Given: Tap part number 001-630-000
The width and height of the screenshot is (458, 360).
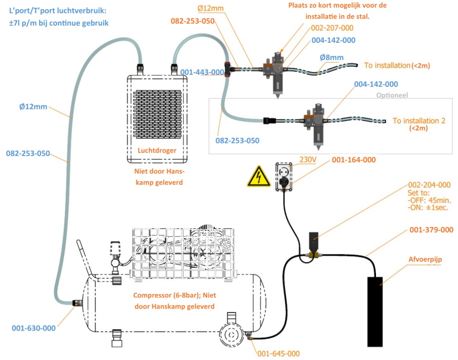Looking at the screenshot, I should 34,328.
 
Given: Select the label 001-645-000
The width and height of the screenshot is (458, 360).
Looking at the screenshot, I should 278,354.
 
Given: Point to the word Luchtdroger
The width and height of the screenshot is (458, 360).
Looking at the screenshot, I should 157,150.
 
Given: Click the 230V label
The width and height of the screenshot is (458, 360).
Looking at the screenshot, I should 307,161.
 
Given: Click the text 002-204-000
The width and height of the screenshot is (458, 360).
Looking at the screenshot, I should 429,185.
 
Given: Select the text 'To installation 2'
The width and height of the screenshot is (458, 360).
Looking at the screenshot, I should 419,121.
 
